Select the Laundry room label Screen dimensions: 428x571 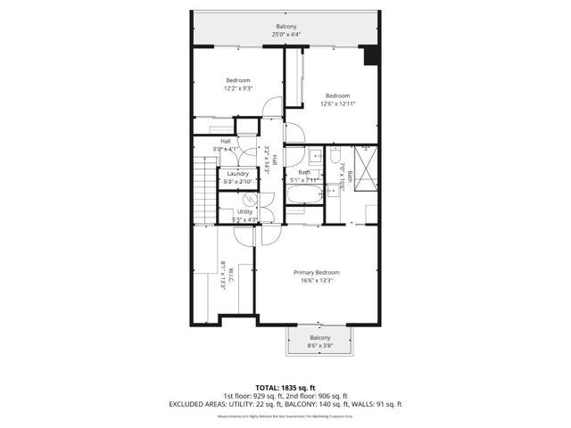(237, 173)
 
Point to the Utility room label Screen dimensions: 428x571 (244, 211)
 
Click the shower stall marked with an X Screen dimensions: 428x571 (363, 153)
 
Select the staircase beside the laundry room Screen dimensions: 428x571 (205, 187)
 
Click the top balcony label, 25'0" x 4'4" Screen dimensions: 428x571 (286, 35)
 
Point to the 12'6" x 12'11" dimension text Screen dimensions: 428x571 (338, 104)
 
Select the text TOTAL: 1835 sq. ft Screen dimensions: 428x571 (285, 388)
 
